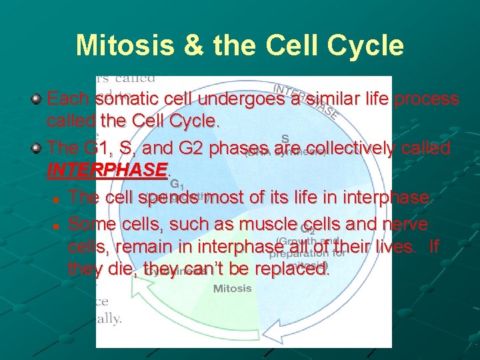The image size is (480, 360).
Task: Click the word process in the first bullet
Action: [427, 99]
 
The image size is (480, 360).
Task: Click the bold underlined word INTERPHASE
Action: [105, 171]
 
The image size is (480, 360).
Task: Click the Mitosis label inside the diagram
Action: [232, 289]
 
